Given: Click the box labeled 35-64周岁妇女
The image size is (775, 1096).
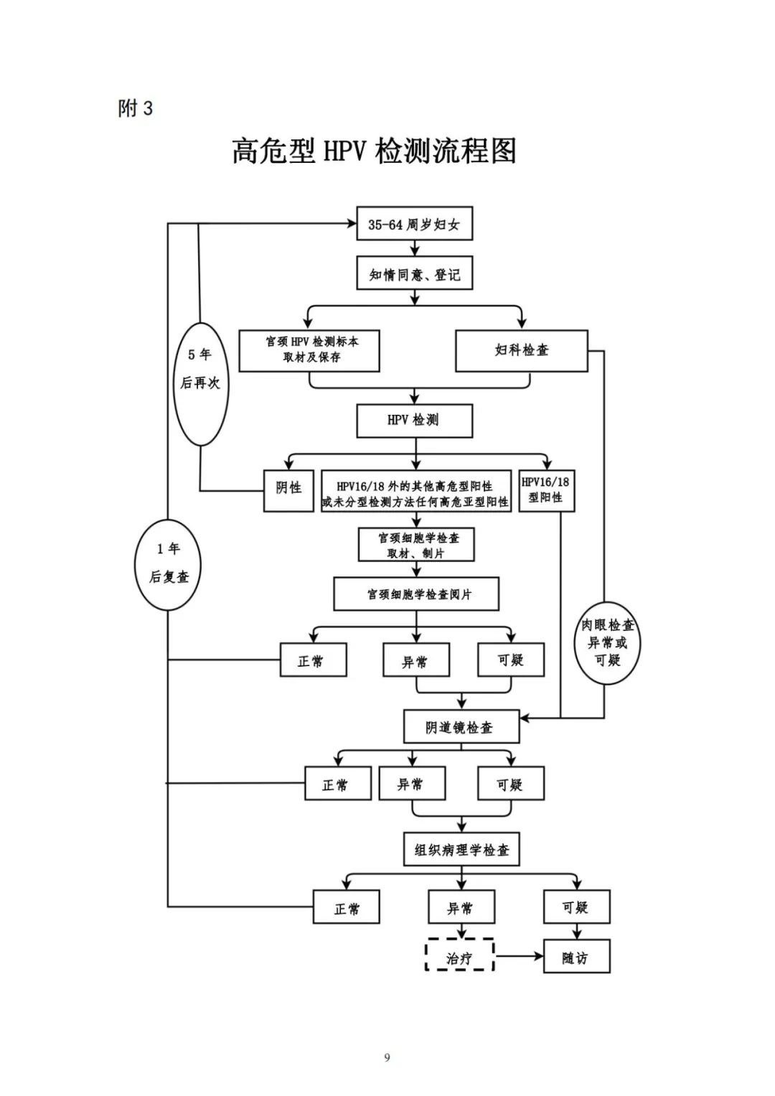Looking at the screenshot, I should [414, 225].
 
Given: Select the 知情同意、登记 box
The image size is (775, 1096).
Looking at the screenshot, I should [414, 274].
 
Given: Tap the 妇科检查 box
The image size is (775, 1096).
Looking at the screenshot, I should [521, 350].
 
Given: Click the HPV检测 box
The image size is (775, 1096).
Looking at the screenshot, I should [414, 421].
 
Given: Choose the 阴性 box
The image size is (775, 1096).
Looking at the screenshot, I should [288, 489].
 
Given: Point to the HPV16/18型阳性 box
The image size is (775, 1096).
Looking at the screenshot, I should [546, 490].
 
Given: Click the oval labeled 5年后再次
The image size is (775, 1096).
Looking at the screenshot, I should [200, 383].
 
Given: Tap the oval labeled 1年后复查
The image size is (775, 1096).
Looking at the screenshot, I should [169, 564].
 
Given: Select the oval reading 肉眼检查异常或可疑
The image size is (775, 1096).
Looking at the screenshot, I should [607, 643].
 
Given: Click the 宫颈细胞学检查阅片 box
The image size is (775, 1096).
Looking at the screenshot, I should [416, 594].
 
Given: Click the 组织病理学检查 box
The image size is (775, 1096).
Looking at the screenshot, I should [461, 851].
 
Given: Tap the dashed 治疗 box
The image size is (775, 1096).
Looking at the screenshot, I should [460, 958].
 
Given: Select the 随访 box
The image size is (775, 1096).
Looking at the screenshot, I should [576, 958].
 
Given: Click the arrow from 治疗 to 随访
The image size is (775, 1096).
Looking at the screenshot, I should [518, 957].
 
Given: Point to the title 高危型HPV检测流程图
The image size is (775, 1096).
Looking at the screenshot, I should [374, 151].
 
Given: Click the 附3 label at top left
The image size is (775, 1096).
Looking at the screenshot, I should [136, 108].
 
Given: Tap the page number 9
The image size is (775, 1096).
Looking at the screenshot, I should [387, 1057].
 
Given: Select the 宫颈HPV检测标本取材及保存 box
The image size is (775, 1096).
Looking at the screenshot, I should [309, 350].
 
